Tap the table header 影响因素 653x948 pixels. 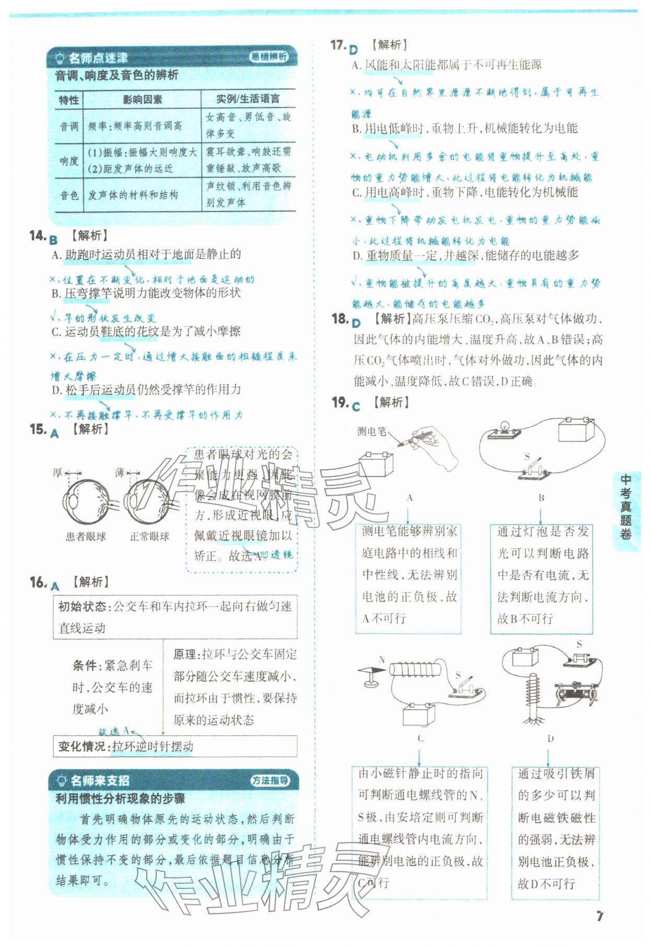(x=142, y=99)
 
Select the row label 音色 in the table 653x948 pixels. (x=68, y=195)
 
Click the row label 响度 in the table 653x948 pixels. (x=68, y=160)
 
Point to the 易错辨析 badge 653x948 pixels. (x=268, y=57)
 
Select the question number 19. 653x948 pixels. (x=340, y=402)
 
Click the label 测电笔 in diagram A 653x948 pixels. (x=371, y=431)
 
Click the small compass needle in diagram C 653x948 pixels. (x=372, y=671)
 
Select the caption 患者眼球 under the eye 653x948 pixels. (x=86, y=536)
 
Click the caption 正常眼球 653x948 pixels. (x=150, y=536)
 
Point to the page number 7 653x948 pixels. (x=600, y=916)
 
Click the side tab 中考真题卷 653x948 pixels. (x=625, y=506)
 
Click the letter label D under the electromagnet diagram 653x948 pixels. (x=550, y=739)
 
